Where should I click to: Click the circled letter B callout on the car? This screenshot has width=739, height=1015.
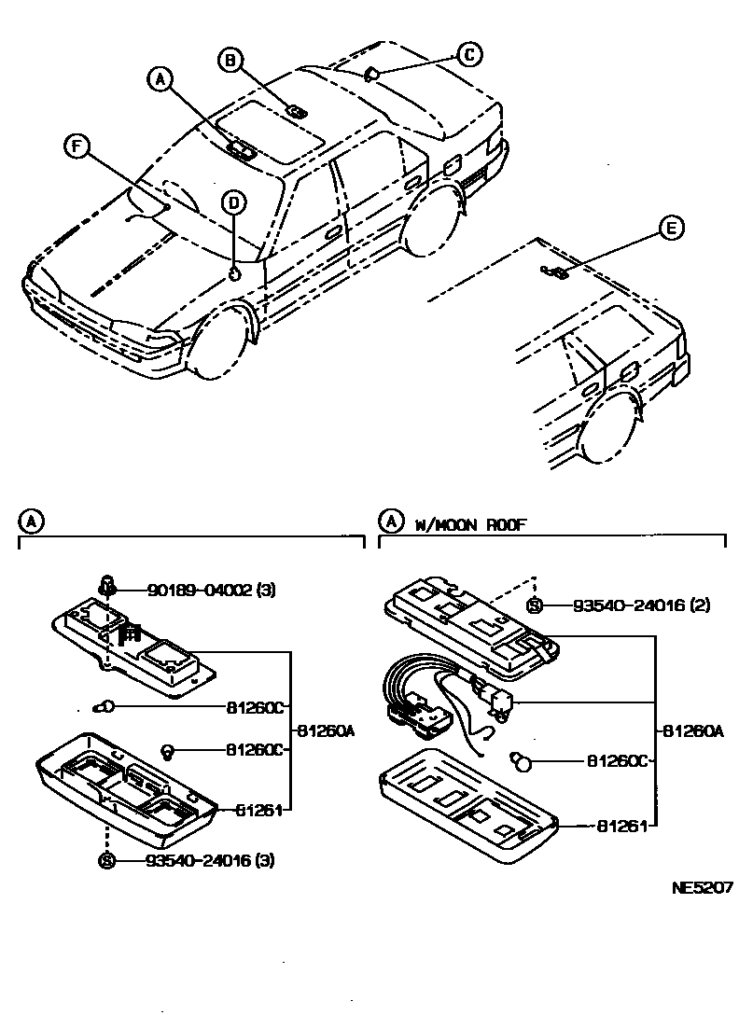(229, 61)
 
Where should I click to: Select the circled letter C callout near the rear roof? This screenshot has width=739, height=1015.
(469, 55)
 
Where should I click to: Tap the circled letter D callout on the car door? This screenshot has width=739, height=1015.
(234, 202)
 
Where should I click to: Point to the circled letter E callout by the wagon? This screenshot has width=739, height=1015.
(671, 228)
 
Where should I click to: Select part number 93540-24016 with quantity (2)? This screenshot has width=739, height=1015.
(629, 605)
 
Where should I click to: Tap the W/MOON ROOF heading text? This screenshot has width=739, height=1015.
(471, 525)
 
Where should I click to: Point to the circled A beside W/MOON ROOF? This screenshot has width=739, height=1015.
(389, 521)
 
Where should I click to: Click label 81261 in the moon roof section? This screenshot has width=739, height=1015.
(611, 826)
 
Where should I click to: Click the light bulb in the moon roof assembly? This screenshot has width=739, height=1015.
(523, 761)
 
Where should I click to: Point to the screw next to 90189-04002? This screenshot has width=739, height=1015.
(107, 587)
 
